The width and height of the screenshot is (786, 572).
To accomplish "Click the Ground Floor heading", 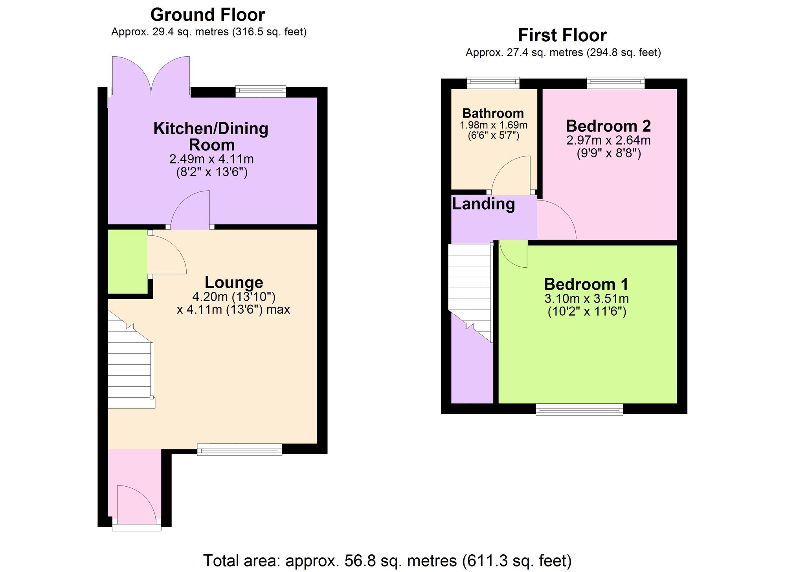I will tap(208, 15).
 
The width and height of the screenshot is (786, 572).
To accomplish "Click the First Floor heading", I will tap(562, 35).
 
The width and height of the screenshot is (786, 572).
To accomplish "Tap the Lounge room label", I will tap(234, 282).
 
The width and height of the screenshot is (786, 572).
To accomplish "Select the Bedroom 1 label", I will tap(586, 284).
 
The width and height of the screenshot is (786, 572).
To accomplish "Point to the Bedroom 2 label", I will tap(608, 126).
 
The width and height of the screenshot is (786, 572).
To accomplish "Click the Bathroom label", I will tap(493, 113).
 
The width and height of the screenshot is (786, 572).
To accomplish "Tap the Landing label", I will tap(483, 204).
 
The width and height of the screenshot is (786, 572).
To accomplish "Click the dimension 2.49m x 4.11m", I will tap(211, 159).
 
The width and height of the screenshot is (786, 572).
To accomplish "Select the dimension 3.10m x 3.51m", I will tap(586, 299).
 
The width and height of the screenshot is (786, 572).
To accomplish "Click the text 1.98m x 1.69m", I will tap(493, 125).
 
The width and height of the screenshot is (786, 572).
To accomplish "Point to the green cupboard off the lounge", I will tap(127, 261).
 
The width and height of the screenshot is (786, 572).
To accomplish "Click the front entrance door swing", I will tap(136, 505).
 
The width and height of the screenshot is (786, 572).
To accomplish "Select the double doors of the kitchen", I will tap(151, 77).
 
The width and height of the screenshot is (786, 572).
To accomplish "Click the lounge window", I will tap(239, 449).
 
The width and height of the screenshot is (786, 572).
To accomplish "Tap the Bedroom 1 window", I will tap(579, 409).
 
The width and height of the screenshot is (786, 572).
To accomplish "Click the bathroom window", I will tap(493, 82).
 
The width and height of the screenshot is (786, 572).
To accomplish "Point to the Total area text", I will tap(387, 561).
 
